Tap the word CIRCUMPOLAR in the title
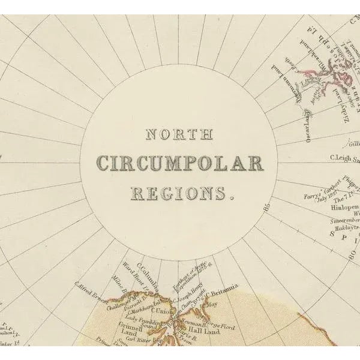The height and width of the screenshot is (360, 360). pos(180,163)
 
